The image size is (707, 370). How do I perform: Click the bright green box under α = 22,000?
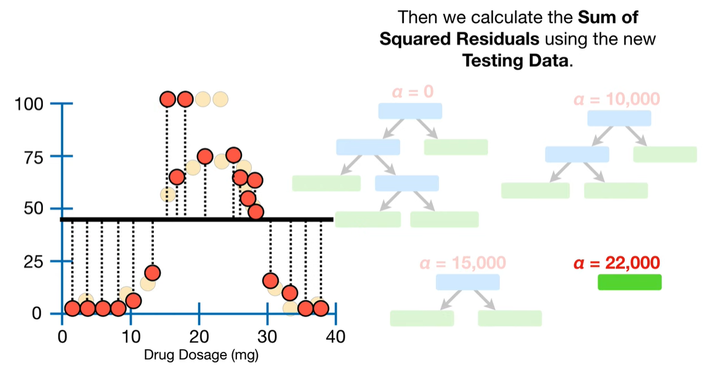click(629, 282)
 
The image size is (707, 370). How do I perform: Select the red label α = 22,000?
click(616, 263)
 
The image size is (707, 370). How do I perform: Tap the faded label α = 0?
click(412, 92)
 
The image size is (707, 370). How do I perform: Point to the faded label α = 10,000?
click(616, 99)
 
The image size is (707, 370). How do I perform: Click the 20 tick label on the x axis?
click(199, 336)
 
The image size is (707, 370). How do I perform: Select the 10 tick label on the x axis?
click(131, 336)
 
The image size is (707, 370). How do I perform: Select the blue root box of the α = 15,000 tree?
click(467, 282)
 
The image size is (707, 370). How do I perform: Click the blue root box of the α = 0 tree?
click(410, 111)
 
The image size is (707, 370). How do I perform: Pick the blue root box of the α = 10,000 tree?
click(619, 118)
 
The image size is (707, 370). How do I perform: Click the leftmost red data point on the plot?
click(72, 308)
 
